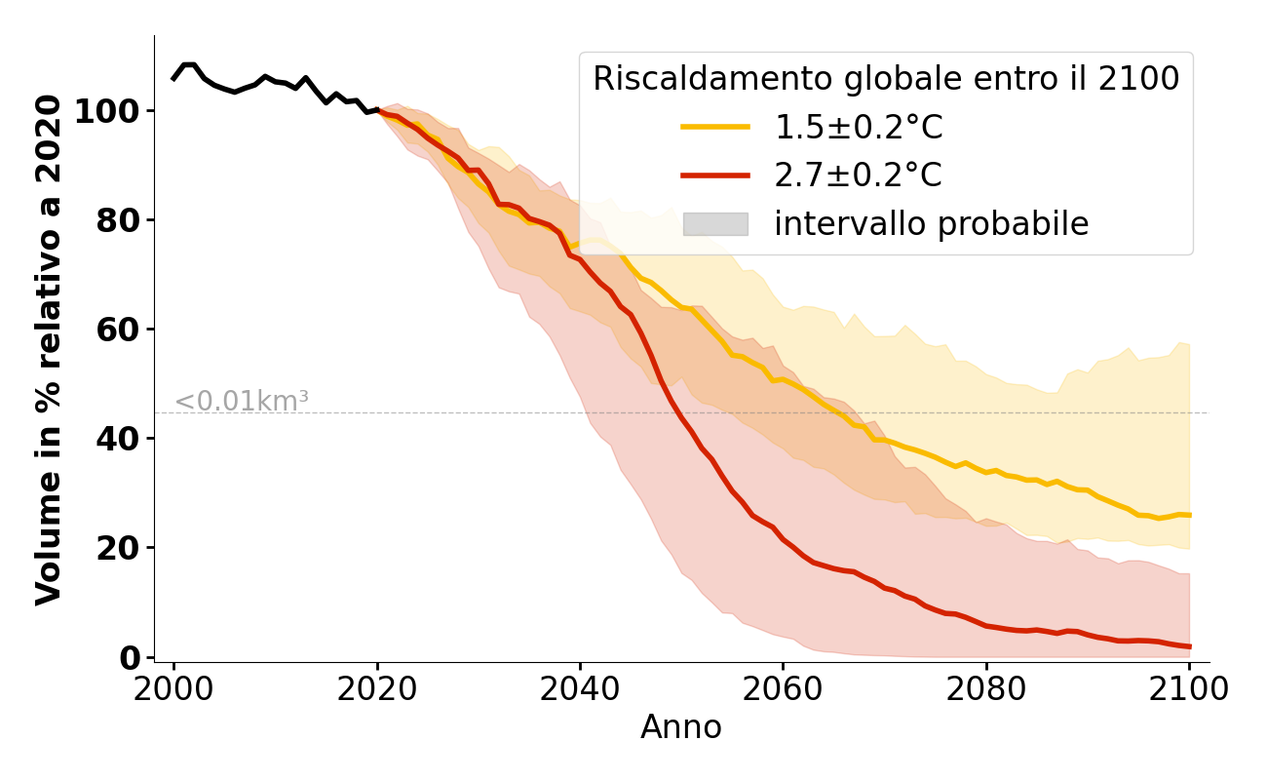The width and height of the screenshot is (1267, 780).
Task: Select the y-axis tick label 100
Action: [107, 111]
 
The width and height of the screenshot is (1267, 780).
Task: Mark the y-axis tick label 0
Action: [131, 657]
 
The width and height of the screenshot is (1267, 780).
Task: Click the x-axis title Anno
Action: [681, 727]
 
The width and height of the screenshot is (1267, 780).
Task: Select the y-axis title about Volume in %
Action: [49, 349]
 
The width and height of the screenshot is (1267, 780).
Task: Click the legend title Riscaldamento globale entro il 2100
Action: [886, 79]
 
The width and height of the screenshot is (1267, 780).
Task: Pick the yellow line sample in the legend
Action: [715, 127]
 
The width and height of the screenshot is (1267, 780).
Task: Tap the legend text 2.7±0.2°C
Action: [859, 175]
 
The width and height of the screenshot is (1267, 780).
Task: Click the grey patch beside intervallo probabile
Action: [715, 224]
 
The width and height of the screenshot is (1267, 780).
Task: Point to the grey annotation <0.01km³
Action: [242, 401]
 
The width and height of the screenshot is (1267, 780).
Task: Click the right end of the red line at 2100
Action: [1189, 646]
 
